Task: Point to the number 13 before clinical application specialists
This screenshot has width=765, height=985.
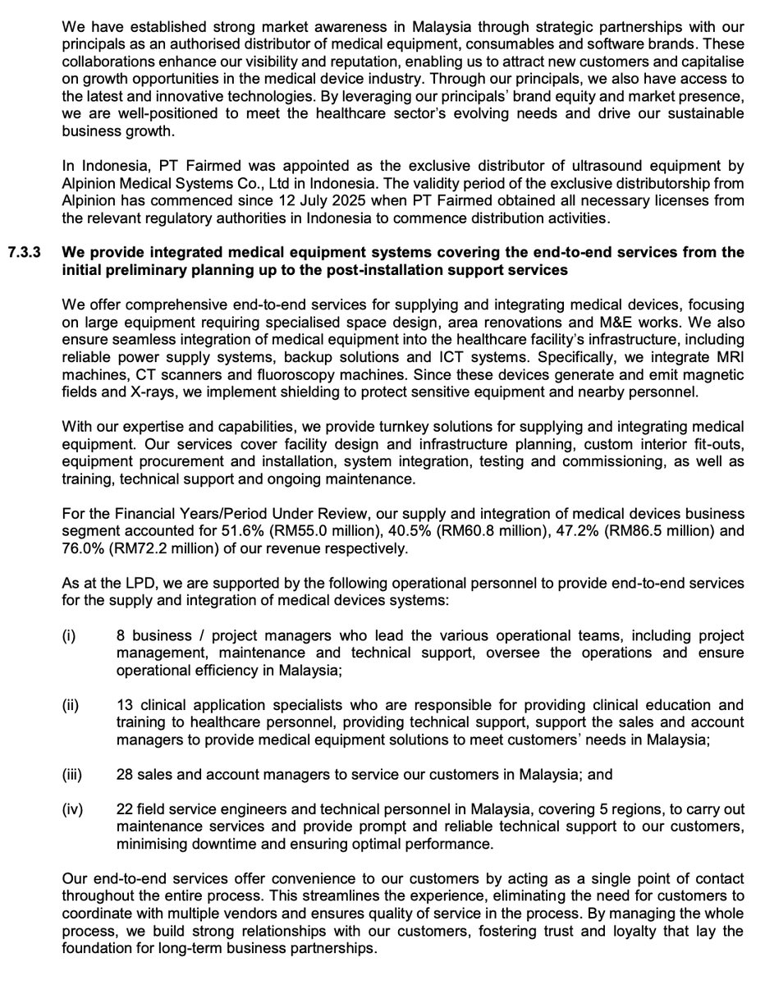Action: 126,705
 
